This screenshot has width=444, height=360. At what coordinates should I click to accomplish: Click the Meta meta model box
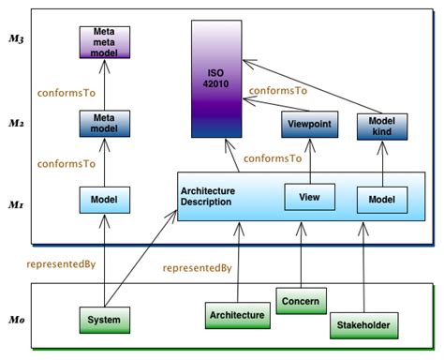[x=105, y=42]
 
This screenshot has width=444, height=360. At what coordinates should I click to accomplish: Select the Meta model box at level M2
[x=105, y=123]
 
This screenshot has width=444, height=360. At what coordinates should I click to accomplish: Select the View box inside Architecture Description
[x=309, y=198]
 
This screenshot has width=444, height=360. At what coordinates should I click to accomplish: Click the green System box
[x=104, y=321]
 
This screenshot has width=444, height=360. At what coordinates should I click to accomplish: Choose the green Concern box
[x=302, y=302]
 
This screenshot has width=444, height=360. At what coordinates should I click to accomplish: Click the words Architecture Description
[x=207, y=198]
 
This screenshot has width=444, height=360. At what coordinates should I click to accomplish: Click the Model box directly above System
[x=105, y=199]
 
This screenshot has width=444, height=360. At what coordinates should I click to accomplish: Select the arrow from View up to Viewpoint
[x=309, y=160]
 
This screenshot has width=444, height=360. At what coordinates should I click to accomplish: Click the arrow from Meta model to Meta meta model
[x=105, y=83]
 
